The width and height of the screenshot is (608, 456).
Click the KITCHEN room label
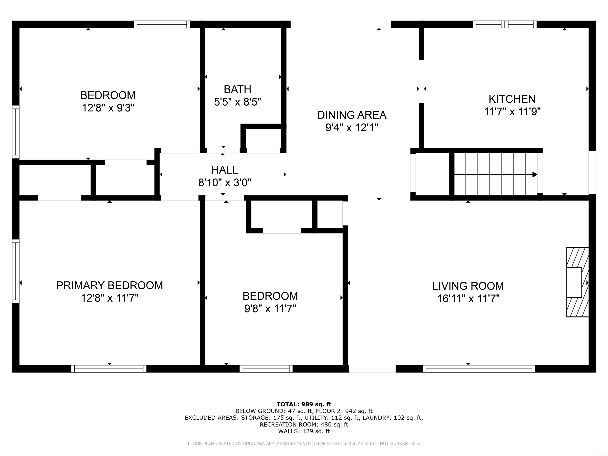(x=512, y=99)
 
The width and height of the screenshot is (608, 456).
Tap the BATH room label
(x=237, y=89)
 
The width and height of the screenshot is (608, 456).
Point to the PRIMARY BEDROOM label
(x=109, y=285)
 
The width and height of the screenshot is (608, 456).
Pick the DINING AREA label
(x=352, y=115)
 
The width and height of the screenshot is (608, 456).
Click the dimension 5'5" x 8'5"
(x=237, y=102)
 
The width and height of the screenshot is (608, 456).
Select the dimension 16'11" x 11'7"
(x=468, y=298)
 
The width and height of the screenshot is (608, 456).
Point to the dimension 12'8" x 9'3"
(x=108, y=108)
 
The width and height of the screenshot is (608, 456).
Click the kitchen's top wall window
(x=505, y=25)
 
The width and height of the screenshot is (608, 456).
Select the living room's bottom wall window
(x=479, y=369)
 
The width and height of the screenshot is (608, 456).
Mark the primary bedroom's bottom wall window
(x=109, y=369)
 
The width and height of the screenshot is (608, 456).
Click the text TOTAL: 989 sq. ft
(x=304, y=404)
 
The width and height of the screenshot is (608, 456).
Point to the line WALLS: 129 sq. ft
(x=304, y=431)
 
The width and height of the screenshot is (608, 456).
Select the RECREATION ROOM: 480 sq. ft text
(x=304, y=424)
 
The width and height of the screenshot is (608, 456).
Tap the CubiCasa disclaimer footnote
(x=304, y=443)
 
